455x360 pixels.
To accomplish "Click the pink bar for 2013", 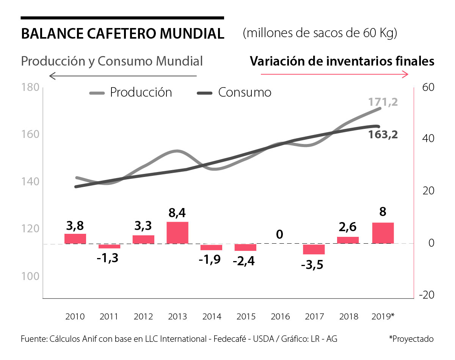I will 177,233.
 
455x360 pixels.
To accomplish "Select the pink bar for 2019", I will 383,233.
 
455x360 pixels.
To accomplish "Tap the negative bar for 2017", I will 314,249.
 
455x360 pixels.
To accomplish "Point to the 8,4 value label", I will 177,213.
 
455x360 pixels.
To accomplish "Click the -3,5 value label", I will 312,265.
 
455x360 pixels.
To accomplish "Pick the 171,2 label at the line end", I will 383,102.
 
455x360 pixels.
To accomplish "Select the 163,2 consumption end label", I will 383,135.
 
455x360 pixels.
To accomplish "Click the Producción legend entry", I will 131,92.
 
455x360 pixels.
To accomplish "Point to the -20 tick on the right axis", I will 426,294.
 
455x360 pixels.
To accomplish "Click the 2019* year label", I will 383,317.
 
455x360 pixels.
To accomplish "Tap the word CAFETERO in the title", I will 122,34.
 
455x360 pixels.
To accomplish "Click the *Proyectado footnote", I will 411,339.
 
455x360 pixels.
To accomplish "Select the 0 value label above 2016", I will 280,235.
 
